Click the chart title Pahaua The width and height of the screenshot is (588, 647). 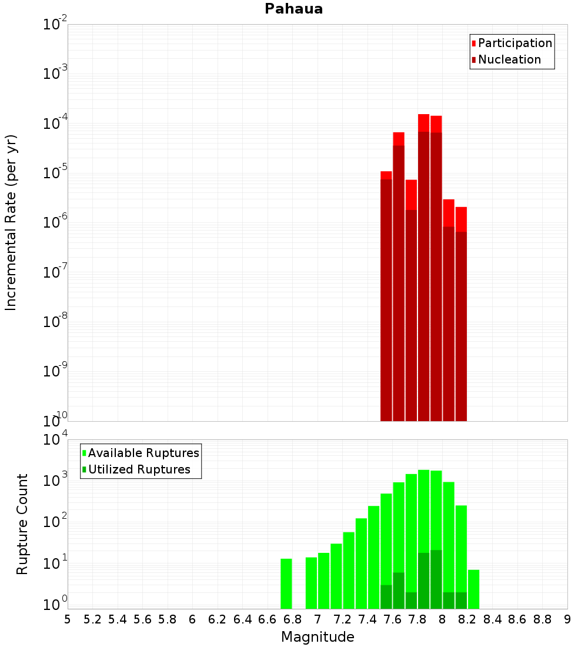point(293,9)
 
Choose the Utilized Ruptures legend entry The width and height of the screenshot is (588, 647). point(138,469)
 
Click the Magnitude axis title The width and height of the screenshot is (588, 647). point(318,637)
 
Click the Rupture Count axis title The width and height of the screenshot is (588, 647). point(22,523)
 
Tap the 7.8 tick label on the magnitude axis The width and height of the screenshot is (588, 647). point(467,619)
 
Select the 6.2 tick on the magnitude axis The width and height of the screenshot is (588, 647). point(217,619)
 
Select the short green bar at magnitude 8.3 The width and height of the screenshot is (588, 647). point(474,589)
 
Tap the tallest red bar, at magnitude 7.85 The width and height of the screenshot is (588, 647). point(424,265)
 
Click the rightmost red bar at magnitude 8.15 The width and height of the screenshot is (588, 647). point(461,312)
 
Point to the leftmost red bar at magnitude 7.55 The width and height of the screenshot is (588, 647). point(386,294)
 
